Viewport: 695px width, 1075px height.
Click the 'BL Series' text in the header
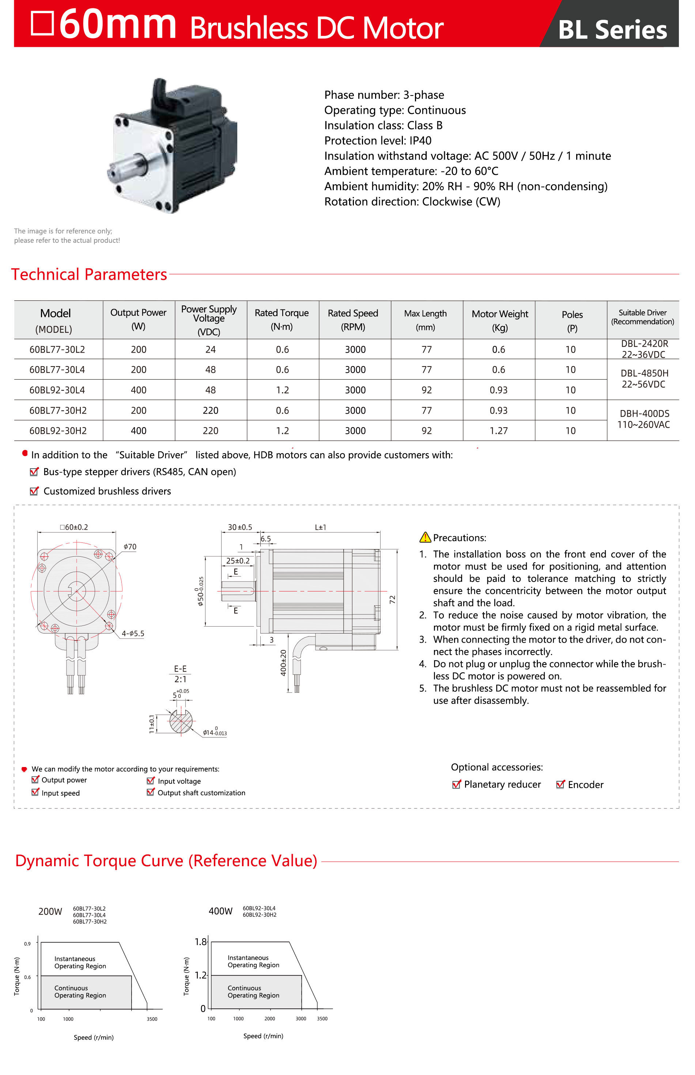(x=612, y=30)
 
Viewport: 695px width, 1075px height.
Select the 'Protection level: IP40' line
(x=378, y=140)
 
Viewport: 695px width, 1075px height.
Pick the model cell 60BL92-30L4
(x=57, y=390)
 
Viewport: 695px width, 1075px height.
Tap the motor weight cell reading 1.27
(x=498, y=431)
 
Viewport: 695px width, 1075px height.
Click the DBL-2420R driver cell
(x=643, y=349)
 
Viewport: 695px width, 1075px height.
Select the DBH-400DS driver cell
(x=643, y=418)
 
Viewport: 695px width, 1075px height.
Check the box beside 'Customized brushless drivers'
(x=34, y=491)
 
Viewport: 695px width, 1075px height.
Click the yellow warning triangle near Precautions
(x=425, y=537)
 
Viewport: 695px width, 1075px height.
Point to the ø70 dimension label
(x=130, y=547)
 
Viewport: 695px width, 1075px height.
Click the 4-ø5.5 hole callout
(x=133, y=634)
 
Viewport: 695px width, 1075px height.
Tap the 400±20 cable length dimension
(x=283, y=662)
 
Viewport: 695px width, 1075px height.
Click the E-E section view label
(x=180, y=669)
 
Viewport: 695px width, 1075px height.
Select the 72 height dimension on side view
(x=392, y=599)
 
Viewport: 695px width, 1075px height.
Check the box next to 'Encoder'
(x=560, y=784)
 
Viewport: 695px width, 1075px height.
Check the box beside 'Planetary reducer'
(x=456, y=784)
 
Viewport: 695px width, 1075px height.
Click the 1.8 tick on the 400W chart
(x=200, y=941)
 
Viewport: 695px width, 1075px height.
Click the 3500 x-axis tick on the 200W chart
(x=152, y=1019)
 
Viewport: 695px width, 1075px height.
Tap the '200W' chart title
(x=50, y=911)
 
